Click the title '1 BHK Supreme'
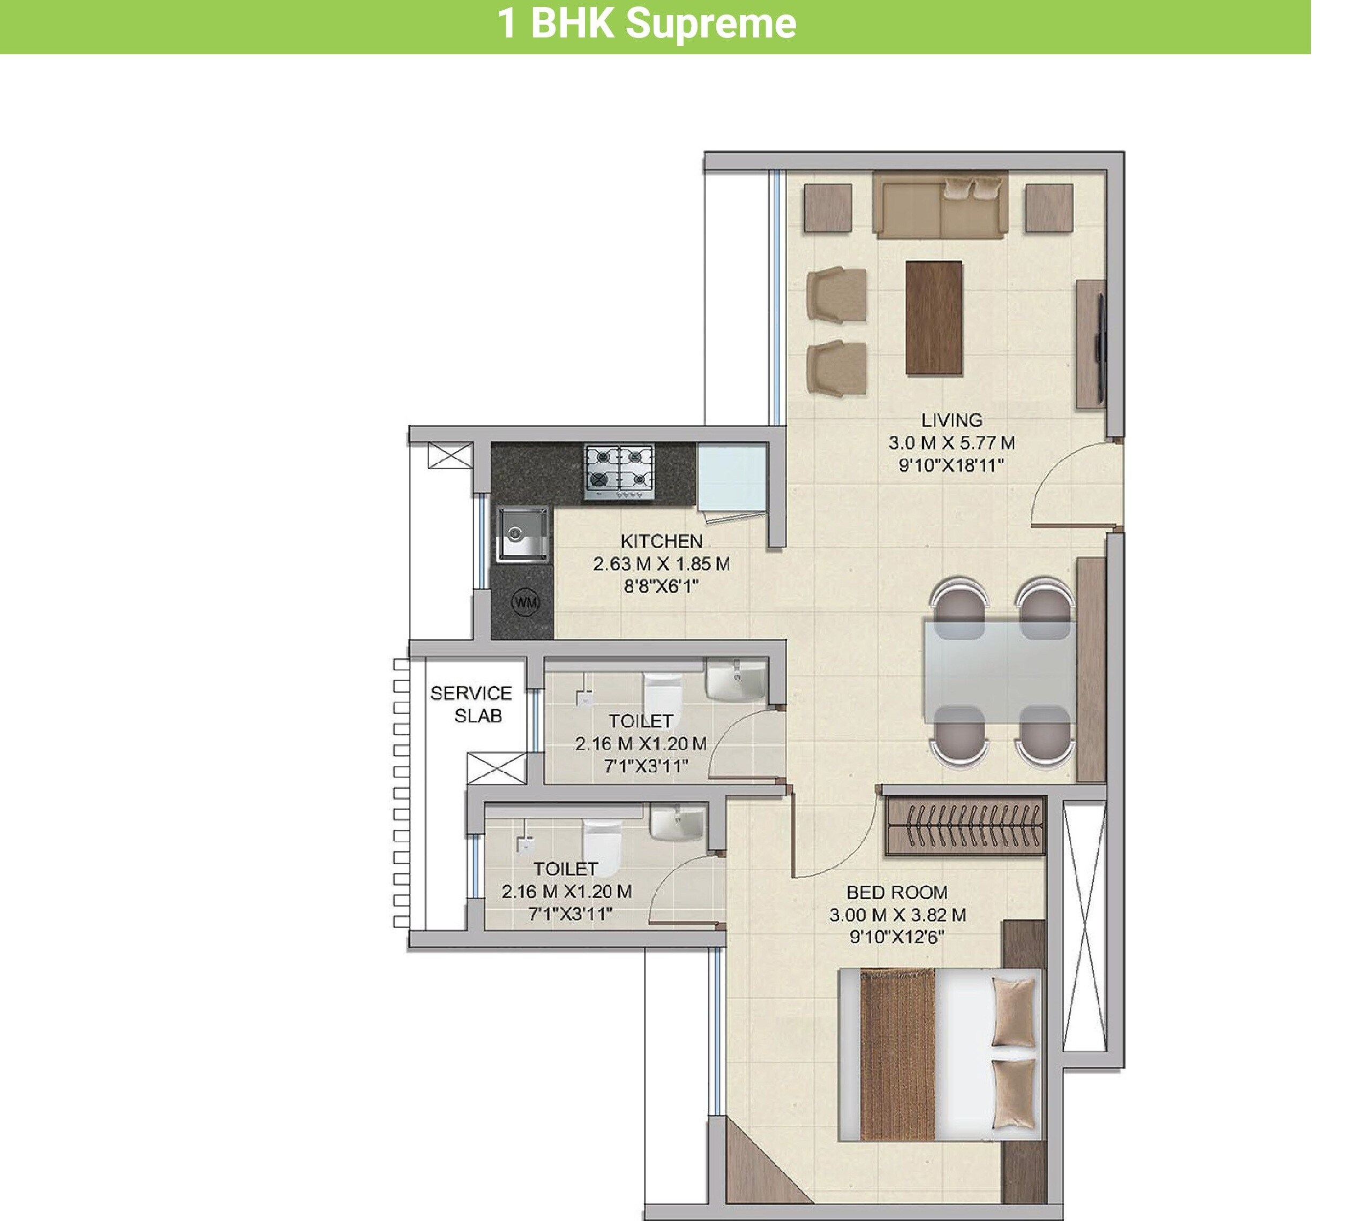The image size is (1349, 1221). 647,24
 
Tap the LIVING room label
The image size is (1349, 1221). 951,420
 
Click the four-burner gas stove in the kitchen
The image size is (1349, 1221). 619,472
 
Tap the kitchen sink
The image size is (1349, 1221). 522,533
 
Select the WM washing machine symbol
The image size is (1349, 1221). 525,602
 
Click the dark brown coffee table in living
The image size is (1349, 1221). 933,318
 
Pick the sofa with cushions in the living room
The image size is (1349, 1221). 940,204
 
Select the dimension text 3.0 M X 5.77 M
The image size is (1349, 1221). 951,443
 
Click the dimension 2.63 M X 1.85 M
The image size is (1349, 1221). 661,564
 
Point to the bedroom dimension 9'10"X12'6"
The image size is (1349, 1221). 897,937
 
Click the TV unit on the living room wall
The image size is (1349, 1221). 1091,343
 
